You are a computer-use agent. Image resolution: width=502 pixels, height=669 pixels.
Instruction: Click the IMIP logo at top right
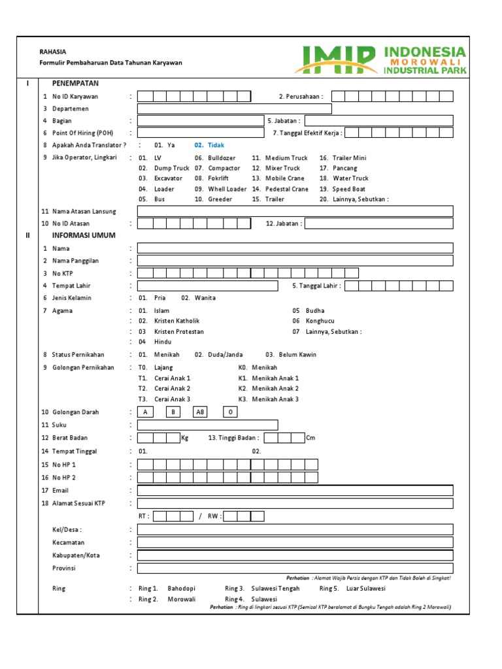coord(380,59)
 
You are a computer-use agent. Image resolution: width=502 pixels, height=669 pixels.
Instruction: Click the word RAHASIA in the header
coord(52,52)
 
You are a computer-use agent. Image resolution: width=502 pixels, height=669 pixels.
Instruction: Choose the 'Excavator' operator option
coord(168,178)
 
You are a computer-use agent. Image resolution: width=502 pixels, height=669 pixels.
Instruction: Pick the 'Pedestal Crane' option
coord(286,189)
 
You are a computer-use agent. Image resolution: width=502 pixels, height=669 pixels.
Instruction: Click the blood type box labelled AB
coord(200,412)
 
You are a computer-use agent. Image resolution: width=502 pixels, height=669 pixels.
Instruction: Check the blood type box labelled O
coord(229,412)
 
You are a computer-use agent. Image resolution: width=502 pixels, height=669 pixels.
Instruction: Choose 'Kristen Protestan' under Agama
coord(178,331)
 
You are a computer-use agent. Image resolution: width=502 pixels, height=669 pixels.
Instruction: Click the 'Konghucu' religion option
coord(321,321)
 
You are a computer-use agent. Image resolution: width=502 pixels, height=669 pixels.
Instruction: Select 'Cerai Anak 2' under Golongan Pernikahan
coord(172,389)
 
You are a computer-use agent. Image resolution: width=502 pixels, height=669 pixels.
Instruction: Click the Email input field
coord(295,491)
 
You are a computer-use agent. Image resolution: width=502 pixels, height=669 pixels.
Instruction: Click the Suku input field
coord(207,425)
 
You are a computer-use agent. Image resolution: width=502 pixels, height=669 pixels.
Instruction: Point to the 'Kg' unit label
coord(184,438)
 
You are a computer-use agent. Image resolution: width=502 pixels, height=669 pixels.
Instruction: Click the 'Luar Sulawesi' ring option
coord(365,589)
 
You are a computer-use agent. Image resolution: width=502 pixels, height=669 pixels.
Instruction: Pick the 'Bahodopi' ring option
coord(181,589)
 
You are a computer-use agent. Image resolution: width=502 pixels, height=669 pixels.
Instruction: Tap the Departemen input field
coord(234,108)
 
